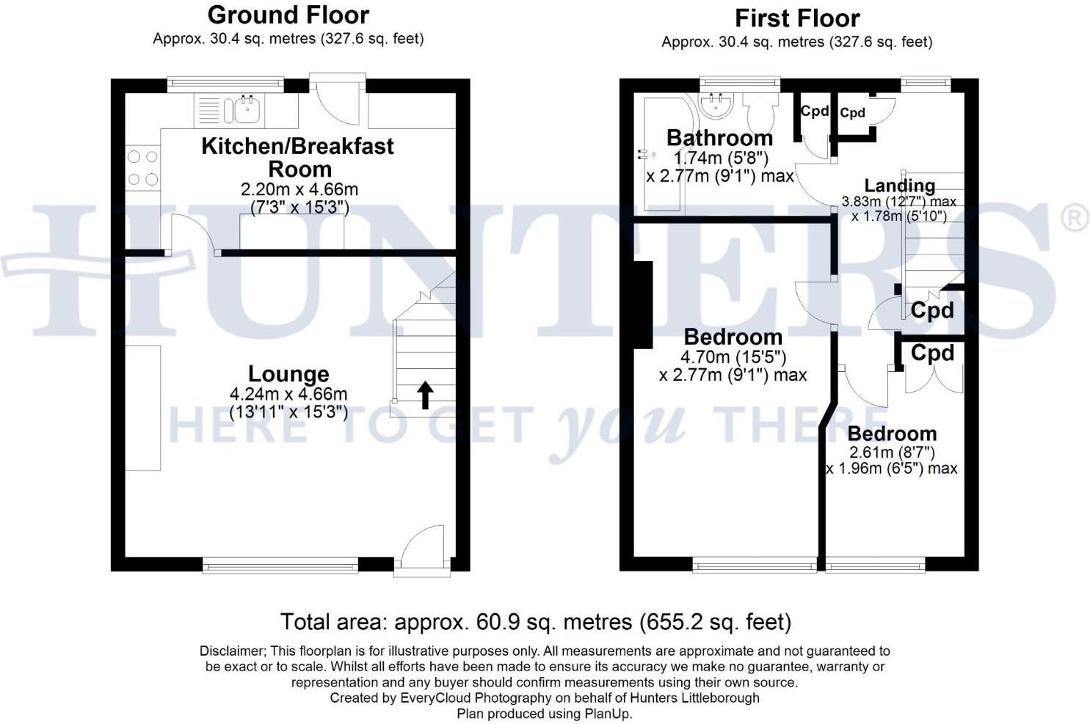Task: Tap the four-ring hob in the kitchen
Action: click(x=142, y=168)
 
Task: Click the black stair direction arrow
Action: click(x=425, y=395)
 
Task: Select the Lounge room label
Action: click(x=288, y=374)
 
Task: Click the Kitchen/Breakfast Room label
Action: click(x=297, y=157)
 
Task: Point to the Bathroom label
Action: click(x=719, y=138)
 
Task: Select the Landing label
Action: click(x=899, y=186)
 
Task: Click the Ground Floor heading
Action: click(x=288, y=15)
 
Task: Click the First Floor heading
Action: click(x=797, y=18)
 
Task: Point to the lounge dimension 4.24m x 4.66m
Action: click(x=288, y=395)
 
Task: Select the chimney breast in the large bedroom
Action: click(x=643, y=304)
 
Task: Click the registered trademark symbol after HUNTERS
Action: click(x=1075, y=219)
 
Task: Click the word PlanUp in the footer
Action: click(x=606, y=713)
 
